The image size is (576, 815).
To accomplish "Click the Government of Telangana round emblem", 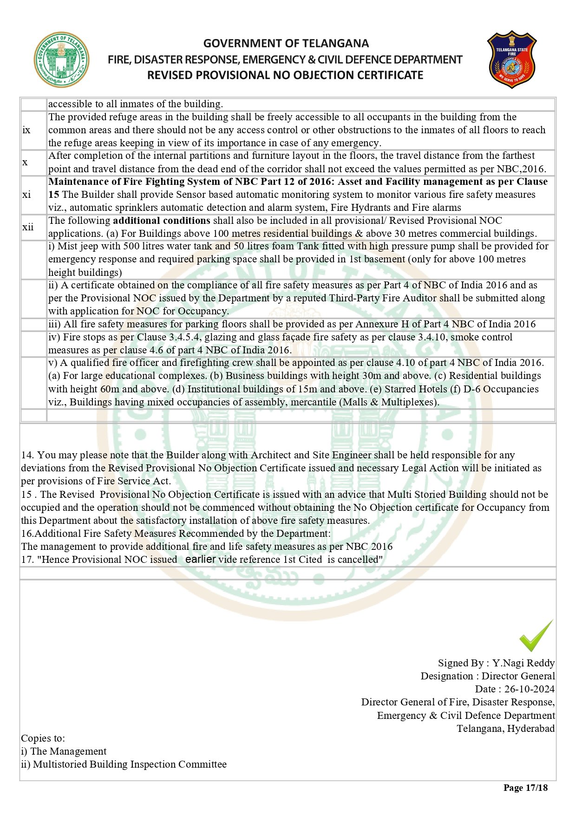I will pos(62,59).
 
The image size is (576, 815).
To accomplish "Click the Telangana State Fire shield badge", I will pos(511,59).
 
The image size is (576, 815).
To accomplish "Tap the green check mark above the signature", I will pos(537,636).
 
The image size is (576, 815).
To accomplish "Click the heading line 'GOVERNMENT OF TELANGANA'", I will pos(286,44).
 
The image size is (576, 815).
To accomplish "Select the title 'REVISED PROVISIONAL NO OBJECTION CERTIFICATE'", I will pos(285,75).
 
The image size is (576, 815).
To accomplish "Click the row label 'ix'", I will pos(26,130).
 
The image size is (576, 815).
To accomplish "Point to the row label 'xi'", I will pos(26,195).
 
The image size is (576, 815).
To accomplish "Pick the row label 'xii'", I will pos(28,227).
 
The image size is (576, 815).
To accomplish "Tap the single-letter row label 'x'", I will pos(25,162).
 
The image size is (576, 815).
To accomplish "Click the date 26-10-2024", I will pos(530,689).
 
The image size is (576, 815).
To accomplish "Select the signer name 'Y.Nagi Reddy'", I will pos(524,663).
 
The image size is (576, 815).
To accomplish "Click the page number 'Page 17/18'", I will pos(525,788).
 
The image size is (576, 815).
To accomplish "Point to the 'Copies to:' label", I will pos(43,738).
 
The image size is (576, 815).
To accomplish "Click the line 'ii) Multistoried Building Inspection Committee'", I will pos(124,764).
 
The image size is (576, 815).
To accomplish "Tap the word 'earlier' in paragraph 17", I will pos(200,559).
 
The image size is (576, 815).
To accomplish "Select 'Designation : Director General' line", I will pos(488,676).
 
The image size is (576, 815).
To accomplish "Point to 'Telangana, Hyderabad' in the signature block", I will pos(505,728).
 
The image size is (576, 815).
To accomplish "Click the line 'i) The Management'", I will pos(64,751).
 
